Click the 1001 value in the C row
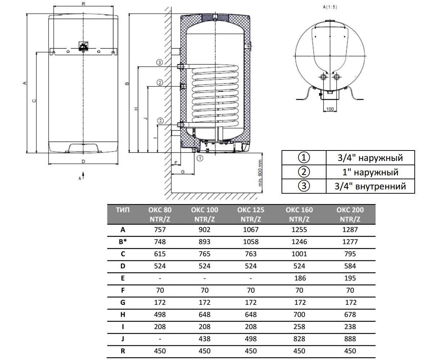[299, 254]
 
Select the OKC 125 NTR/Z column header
[251, 214]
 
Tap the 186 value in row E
[300, 278]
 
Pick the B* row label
[123, 242]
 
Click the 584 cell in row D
[350, 266]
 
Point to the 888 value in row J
[350, 339]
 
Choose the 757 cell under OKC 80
[160, 230]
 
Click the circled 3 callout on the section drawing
[159, 62]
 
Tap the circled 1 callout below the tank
[200, 158]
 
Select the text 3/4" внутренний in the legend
[370, 186]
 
